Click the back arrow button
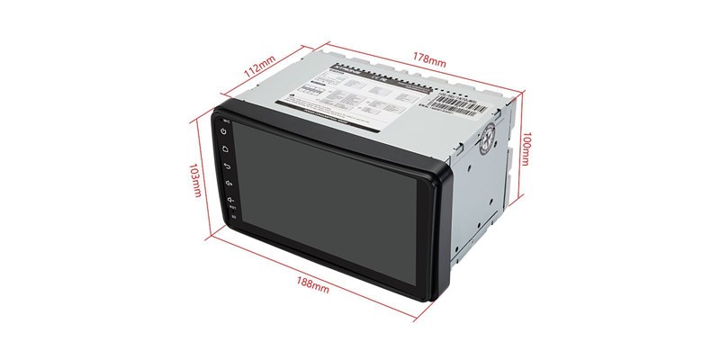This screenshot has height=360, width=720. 227,166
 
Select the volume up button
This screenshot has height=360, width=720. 229,184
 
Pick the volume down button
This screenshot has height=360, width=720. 230,200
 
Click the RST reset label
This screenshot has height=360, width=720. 232,209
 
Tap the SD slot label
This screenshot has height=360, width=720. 233,217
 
